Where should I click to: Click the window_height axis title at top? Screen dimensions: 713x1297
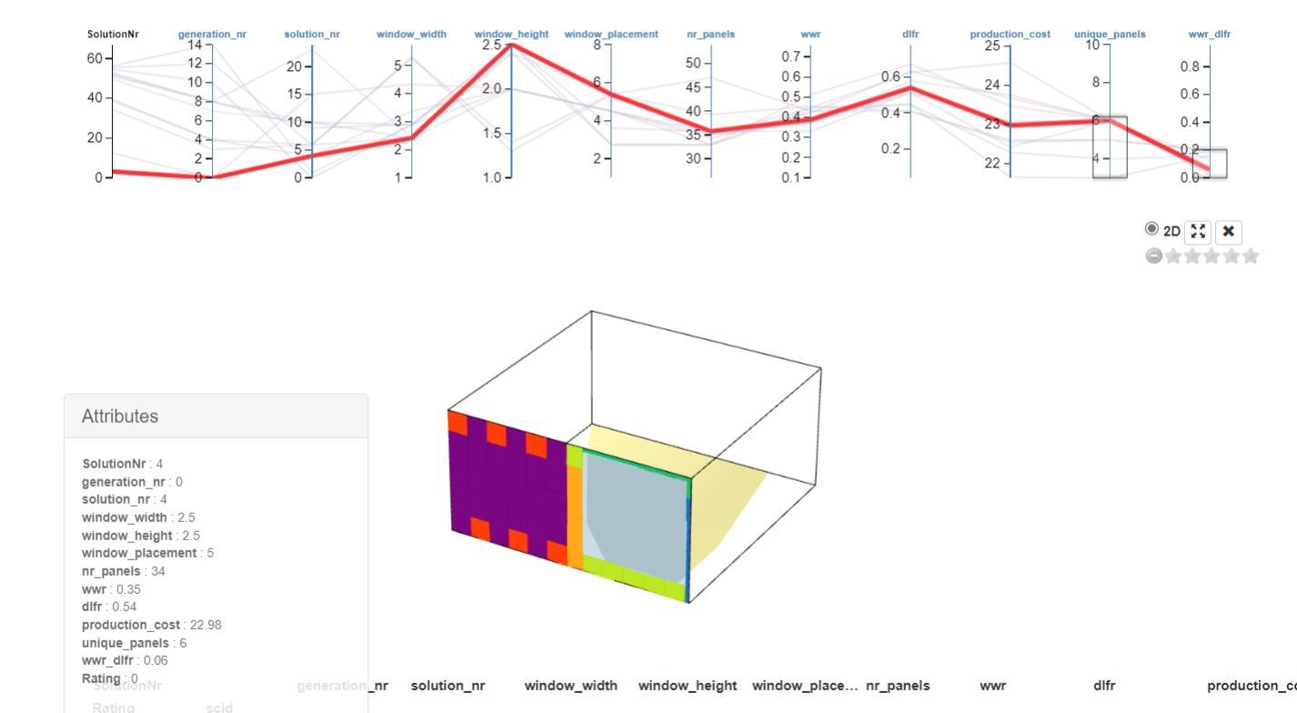point(511,35)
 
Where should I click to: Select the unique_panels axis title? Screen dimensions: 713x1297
point(1110,35)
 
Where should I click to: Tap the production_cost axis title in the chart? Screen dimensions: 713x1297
point(1010,35)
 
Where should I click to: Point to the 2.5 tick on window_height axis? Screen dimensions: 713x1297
point(491,45)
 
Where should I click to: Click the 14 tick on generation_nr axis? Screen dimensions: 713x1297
point(195,45)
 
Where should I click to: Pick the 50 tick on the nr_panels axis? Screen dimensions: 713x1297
point(694,63)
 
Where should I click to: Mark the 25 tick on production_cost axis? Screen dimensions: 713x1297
point(991,45)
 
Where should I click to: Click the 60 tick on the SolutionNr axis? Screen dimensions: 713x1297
point(95,58)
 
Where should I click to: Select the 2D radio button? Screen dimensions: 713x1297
point(1152,229)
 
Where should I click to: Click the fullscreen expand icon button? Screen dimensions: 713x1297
point(1198,232)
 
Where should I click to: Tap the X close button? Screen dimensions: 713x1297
point(1228,232)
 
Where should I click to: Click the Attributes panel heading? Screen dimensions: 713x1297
point(120,417)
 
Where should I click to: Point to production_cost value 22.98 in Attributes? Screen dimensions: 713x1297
point(204,625)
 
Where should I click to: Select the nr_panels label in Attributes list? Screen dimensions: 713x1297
point(111,571)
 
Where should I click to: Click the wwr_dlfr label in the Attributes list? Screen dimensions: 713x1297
point(110,660)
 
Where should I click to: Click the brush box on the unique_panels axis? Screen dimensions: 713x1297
point(1110,146)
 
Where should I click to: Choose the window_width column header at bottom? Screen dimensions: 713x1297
point(570,686)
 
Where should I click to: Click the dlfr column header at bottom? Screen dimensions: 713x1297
point(1104,686)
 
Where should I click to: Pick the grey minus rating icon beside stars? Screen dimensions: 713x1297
point(1154,256)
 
